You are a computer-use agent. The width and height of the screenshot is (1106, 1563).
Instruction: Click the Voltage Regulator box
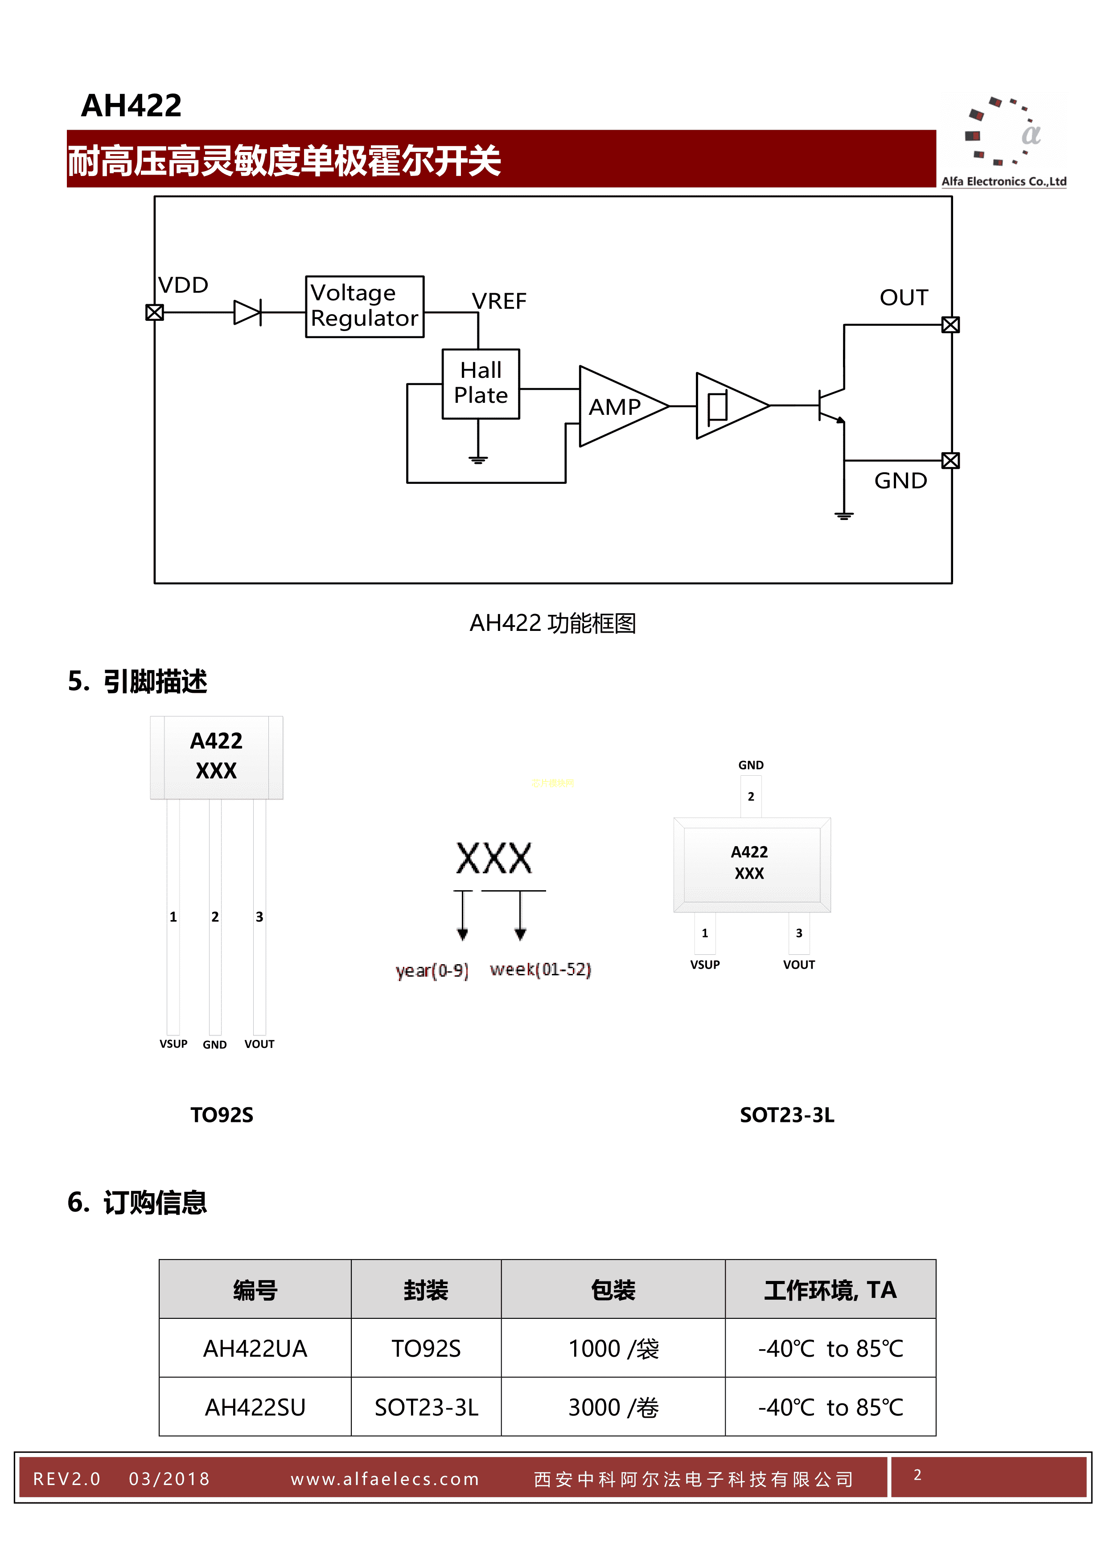(x=364, y=307)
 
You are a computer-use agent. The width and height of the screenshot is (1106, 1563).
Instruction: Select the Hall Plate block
(x=481, y=383)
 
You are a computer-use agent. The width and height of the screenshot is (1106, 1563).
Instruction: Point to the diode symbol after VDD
(x=247, y=312)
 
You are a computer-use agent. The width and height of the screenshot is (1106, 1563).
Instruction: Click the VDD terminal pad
(x=155, y=312)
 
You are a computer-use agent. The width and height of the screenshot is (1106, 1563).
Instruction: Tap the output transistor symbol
(x=831, y=406)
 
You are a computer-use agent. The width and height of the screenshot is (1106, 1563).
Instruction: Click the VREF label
(x=499, y=301)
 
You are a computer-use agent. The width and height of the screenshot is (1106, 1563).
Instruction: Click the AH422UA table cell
(x=255, y=1349)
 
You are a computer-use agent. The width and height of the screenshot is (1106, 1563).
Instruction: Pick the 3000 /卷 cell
(x=613, y=1407)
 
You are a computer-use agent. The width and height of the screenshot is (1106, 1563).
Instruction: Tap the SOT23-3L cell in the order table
(x=426, y=1407)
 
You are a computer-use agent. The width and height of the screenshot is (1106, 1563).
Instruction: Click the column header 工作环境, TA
(x=830, y=1290)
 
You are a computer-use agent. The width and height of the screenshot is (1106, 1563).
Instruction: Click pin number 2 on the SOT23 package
(x=751, y=797)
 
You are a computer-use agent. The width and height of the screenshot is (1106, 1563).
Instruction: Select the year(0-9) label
(x=432, y=970)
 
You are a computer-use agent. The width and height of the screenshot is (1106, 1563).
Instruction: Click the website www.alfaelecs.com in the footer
(x=385, y=1479)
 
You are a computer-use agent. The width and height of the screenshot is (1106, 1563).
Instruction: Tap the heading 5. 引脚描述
(x=138, y=681)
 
